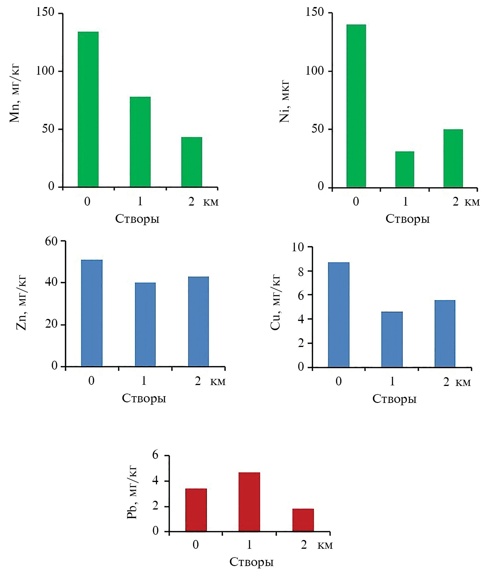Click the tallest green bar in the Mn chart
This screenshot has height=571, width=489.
click(x=88, y=109)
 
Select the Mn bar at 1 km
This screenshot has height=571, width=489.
click(x=140, y=142)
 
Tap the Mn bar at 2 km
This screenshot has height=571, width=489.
click(x=191, y=162)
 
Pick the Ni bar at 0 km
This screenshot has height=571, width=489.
click(x=356, y=106)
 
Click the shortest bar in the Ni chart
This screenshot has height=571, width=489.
click(x=405, y=169)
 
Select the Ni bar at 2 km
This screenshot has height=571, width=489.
click(x=453, y=158)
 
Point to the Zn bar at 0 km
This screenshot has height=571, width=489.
click(x=92, y=313)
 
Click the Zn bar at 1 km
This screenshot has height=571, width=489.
click(x=145, y=324)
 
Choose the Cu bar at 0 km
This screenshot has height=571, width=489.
click(x=338, y=314)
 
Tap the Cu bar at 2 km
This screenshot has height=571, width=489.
click(x=445, y=334)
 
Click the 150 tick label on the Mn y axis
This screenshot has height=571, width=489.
click(x=45, y=12)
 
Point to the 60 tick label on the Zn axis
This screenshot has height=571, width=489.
click(x=51, y=241)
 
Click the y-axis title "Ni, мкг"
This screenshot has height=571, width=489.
click(x=284, y=101)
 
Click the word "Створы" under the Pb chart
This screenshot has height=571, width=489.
click(x=251, y=562)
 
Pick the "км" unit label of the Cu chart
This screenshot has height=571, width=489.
click(x=463, y=382)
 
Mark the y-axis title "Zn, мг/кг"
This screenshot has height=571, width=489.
click(x=22, y=303)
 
